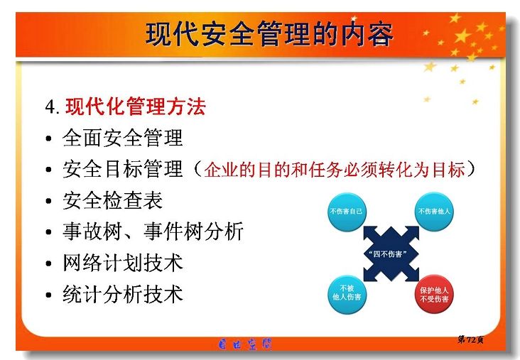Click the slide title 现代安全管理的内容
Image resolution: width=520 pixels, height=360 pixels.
coord(269,34)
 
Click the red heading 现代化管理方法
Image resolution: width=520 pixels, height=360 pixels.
coord(135,107)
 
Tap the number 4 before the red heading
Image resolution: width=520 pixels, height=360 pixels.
coord(50,107)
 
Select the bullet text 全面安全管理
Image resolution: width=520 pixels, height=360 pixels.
coord(123,138)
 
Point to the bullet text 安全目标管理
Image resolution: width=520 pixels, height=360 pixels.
coord(123,169)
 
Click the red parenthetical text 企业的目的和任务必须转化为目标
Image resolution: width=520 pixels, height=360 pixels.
coord(335,170)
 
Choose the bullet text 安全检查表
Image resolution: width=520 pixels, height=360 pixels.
coord(113,200)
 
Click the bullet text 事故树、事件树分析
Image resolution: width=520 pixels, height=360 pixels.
coord(153,231)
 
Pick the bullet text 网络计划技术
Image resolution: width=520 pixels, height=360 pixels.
coord(123,263)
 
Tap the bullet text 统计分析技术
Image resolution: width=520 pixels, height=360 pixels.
coord(123,294)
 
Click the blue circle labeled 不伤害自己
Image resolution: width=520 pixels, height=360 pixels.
coord(347,212)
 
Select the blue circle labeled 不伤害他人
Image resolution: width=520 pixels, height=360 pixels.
coord(434,212)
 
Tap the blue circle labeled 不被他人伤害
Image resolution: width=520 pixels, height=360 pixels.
coord(347,294)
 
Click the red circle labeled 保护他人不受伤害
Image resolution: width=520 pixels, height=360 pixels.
coord(434,294)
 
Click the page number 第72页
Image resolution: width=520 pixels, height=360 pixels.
coord(470,339)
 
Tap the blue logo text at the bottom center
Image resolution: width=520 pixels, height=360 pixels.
coord(245,344)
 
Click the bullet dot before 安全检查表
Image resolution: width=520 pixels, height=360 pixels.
coord(49,201)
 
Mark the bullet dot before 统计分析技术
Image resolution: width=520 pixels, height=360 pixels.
coord(49,295)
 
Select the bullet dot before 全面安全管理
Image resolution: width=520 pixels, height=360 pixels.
coord(49,138)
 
